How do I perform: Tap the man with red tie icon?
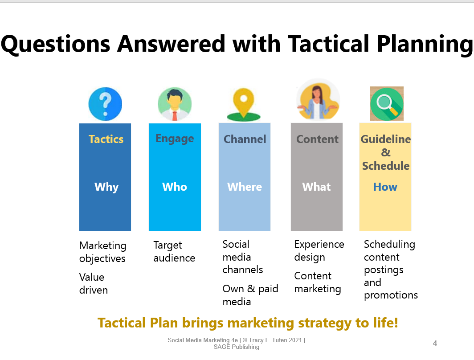pyautogui.click(x=175, y=104)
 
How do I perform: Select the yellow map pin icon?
pyautogui.click(x=243, y=105)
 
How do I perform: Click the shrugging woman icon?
pyautogui.click(x=318, y=100)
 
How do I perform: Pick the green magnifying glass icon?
pyautogui.click(x=386, y=104)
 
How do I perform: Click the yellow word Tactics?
pyautogui.click(x=106, y=139)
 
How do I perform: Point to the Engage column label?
pyautogui.click(x=175, y=139)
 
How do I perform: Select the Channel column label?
pyautogui.click(x=245, y=139)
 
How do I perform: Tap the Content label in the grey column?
pyautogui.click(x=317, y=139)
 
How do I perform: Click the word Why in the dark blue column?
pyautogui.click(x=106, y=187)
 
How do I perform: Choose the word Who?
pyautogui.click(x=175, y=187)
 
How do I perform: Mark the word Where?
pyautogui.click(x=245, y=187)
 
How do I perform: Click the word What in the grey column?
pyautogui.click(x=317, y=187)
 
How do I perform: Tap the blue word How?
pyautogui.click(x=385, y=187)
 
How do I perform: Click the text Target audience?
pyautogui.click(x=174, y=252)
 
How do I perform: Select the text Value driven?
pyautogui.click(x=94, y=283)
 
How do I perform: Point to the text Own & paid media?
pyautogui.click(x=250, y=295)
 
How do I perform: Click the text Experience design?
pyautogui.click(x=319, y=250)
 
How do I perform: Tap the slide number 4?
pyautogui.click(x=435, y=344)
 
